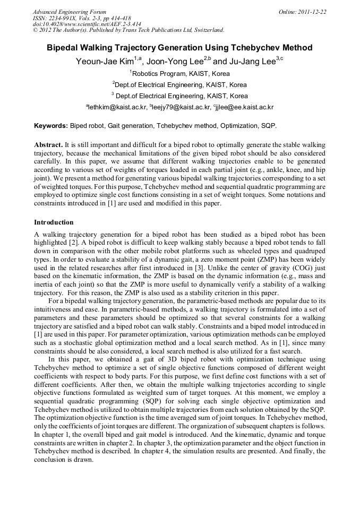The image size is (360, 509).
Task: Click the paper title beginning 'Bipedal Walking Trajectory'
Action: coord(179,48)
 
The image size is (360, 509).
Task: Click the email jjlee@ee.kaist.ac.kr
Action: coord(244,107)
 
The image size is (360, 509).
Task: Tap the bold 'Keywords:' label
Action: coord(51,126)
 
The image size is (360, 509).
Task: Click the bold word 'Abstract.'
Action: coord(48,144)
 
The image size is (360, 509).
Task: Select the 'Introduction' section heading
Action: coord(54,222)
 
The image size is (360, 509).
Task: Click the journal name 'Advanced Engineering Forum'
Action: coord(70,11)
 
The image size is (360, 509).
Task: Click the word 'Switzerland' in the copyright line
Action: coord(206,30)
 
